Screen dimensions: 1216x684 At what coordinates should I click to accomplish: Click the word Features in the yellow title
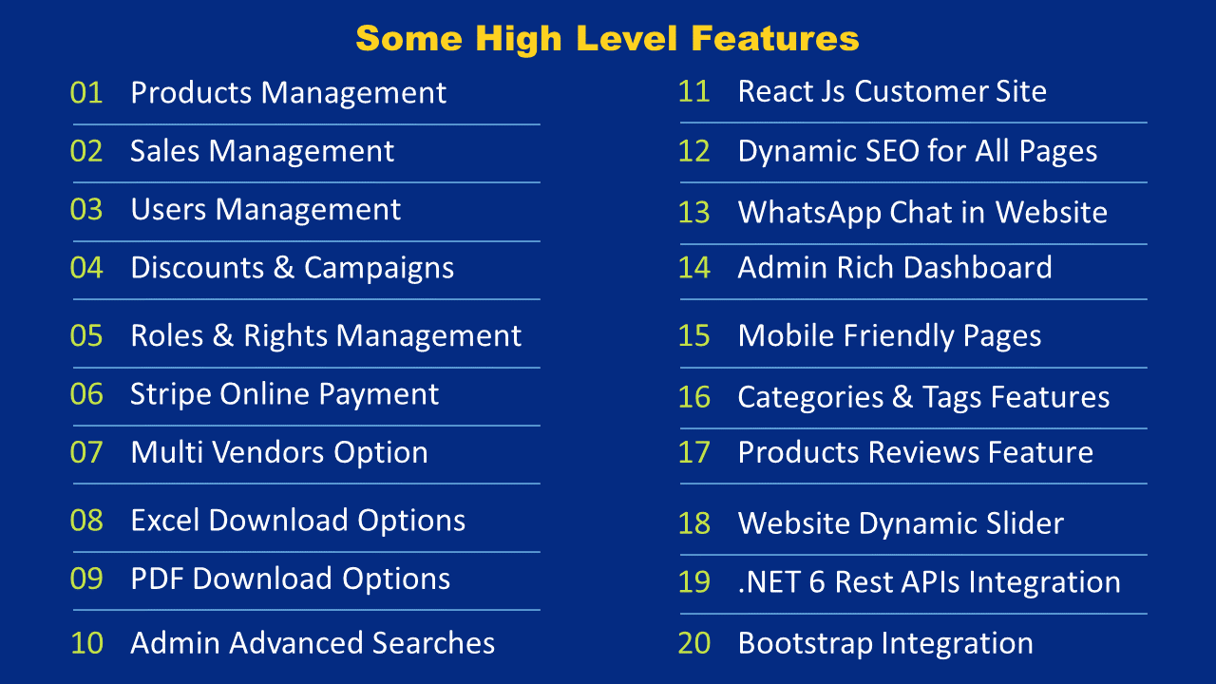click(x=775, y=39)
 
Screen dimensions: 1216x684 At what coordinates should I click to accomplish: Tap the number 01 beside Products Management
click(x=86, y=93)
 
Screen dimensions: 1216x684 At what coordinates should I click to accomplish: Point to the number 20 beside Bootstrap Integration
click(x=694, y=643)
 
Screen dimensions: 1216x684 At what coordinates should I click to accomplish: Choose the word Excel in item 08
click(x=165, y=521)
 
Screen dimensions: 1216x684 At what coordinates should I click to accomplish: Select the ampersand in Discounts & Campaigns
click(x=283, y=268)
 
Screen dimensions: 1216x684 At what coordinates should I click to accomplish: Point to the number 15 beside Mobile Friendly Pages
click(x=694, y=335)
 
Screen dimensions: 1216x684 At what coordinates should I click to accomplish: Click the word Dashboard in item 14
click(x=978, y=268)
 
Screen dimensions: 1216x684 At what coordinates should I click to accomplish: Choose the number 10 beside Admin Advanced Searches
click(x=86, y=643)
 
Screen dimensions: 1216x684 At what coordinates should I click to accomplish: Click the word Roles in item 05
click(x=167, y=336)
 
